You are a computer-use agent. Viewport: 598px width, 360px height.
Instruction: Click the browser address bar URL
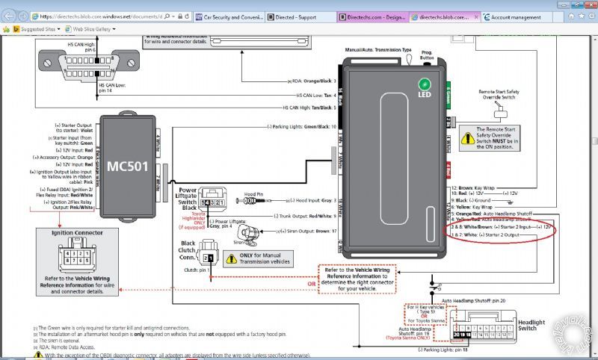(112, 16)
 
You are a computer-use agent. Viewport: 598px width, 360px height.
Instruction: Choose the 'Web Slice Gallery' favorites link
(97, 28)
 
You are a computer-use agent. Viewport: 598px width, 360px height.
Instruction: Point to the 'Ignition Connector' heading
(67, 232)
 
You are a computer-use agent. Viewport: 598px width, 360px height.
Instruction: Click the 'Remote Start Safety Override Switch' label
(499, 94)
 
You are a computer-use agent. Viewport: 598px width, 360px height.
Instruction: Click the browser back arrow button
(9, 16)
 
